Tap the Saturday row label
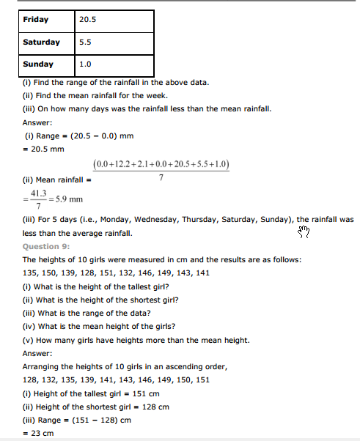point(41,42)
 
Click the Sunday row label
point(37,64)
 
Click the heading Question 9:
point(46,247)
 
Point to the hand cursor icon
point(304,232)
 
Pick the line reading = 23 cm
point(38,433)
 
